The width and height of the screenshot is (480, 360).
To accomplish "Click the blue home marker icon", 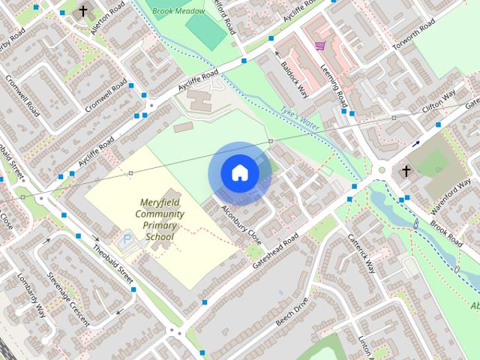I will pyautogui.click(x=239, y=173).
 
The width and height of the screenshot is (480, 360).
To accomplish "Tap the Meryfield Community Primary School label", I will pyautogui.click(x=160, y=220).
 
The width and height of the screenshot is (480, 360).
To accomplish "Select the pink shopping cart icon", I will pyautogui.click(x=320, y=46).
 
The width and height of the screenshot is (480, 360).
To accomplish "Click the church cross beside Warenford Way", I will pyautogui.click(x=406, y=171).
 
